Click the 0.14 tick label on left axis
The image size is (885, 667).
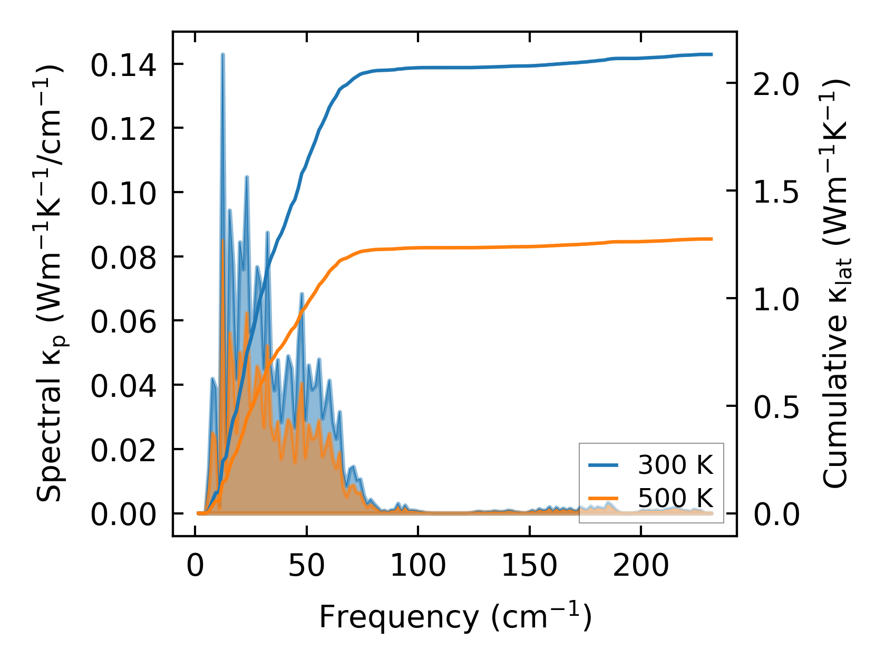(123, 66)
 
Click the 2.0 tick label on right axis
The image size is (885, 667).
(776, 85)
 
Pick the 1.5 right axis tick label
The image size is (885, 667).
(776, 193)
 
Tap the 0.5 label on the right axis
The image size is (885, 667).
(776, 407)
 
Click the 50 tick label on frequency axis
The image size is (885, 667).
(306, 567)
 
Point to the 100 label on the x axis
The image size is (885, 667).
(418, 567)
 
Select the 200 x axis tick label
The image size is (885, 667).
(641, 567)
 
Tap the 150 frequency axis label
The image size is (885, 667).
(529, 567)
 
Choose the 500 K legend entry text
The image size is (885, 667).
(675, 498)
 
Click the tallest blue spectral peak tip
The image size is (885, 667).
(223, 54)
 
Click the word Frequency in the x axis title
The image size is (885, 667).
(398, 617)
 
